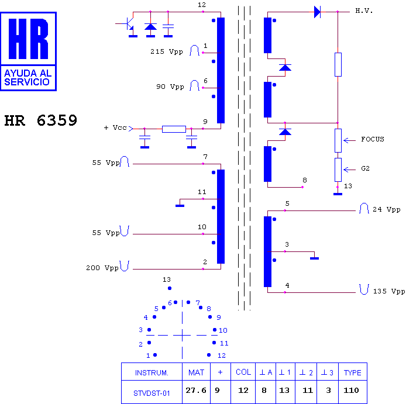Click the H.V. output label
coord(364,11)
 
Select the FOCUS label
coord(373,139)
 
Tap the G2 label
coord(365,168)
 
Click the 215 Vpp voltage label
coord(167,51)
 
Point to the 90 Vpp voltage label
coord(170,87)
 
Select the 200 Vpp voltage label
coord(102,268)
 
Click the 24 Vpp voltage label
coord(386,209)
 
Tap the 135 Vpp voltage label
coord(389,291)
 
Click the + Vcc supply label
coord(115,127)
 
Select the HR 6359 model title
coord(41,120)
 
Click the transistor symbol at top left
coord(128,24)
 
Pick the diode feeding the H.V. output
coord(317,12)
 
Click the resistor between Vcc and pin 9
coord(174,129)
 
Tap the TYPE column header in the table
coord(352,372)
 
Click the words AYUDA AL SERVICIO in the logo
coord(27,77)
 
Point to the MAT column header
coord(196,372)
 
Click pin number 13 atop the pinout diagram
coord(167,279)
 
